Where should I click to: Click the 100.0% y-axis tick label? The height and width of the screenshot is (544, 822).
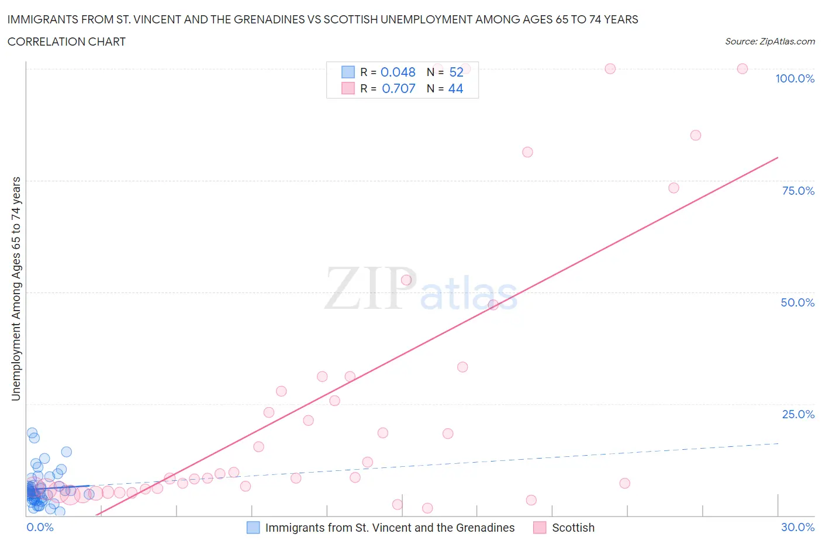coord(795,78)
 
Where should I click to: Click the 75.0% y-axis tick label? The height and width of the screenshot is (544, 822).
coord(798,191)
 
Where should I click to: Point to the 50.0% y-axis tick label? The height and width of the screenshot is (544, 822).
coord(797,302)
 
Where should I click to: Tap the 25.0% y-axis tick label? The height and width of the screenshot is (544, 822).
coord(798,414)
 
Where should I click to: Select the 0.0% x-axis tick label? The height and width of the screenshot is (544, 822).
coord(40,527)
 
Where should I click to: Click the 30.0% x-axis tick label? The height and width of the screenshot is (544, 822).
coord(797,527)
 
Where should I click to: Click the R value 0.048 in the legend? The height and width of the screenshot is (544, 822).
coord(398,72)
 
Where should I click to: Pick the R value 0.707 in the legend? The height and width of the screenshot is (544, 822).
coord(398,88)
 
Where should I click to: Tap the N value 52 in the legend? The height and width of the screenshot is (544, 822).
coord(456,72)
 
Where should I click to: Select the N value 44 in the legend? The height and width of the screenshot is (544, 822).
coord(455,88)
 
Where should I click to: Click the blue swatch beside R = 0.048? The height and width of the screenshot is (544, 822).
coord(348,72)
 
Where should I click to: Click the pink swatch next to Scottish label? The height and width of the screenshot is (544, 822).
coord(539,528)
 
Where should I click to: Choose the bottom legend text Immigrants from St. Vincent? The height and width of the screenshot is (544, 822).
coord(389,528)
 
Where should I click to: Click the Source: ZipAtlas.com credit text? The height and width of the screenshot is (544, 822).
coord(769,42)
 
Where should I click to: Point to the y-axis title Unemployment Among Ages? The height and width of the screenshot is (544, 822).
coord(16,288)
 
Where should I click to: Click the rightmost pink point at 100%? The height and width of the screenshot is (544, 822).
coord(742,68)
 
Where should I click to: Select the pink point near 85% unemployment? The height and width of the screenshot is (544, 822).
coord(695,135)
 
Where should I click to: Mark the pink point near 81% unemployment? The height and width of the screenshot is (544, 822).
coord(527,152)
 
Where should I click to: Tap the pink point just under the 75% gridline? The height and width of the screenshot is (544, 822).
coord(674,188)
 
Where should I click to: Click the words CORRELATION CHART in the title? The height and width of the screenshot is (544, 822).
coord(67,42)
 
